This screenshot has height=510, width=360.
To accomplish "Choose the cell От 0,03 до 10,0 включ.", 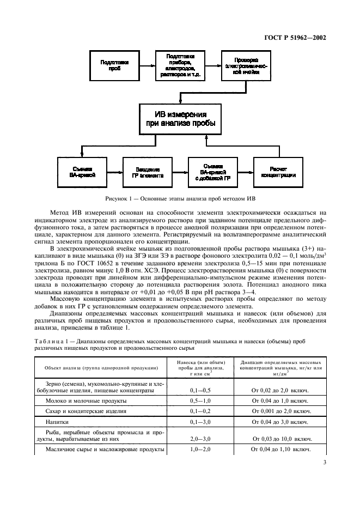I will (x=282, y=438).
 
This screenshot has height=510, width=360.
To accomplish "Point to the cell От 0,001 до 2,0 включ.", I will (x=282, y=411).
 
